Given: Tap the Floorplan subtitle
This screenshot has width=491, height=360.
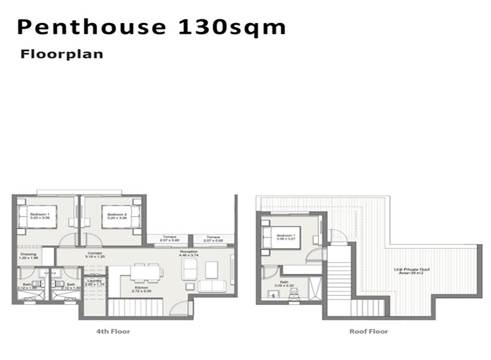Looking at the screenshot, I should click(62, 54).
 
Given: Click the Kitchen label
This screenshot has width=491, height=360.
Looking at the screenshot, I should click(142, 289).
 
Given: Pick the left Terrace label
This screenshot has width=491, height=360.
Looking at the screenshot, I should click(170, 239).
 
